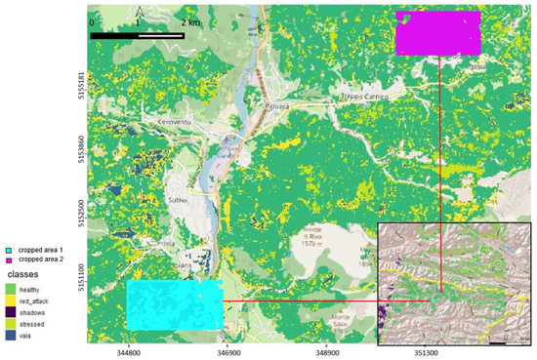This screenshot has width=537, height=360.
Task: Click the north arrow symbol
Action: pos(137,13)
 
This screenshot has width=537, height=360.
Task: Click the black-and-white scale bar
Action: pos(138,36)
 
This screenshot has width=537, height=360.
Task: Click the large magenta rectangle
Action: pos(438,34)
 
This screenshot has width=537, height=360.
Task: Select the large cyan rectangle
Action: pos(175,304)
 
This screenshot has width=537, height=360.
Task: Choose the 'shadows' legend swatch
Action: pos(10,312)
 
